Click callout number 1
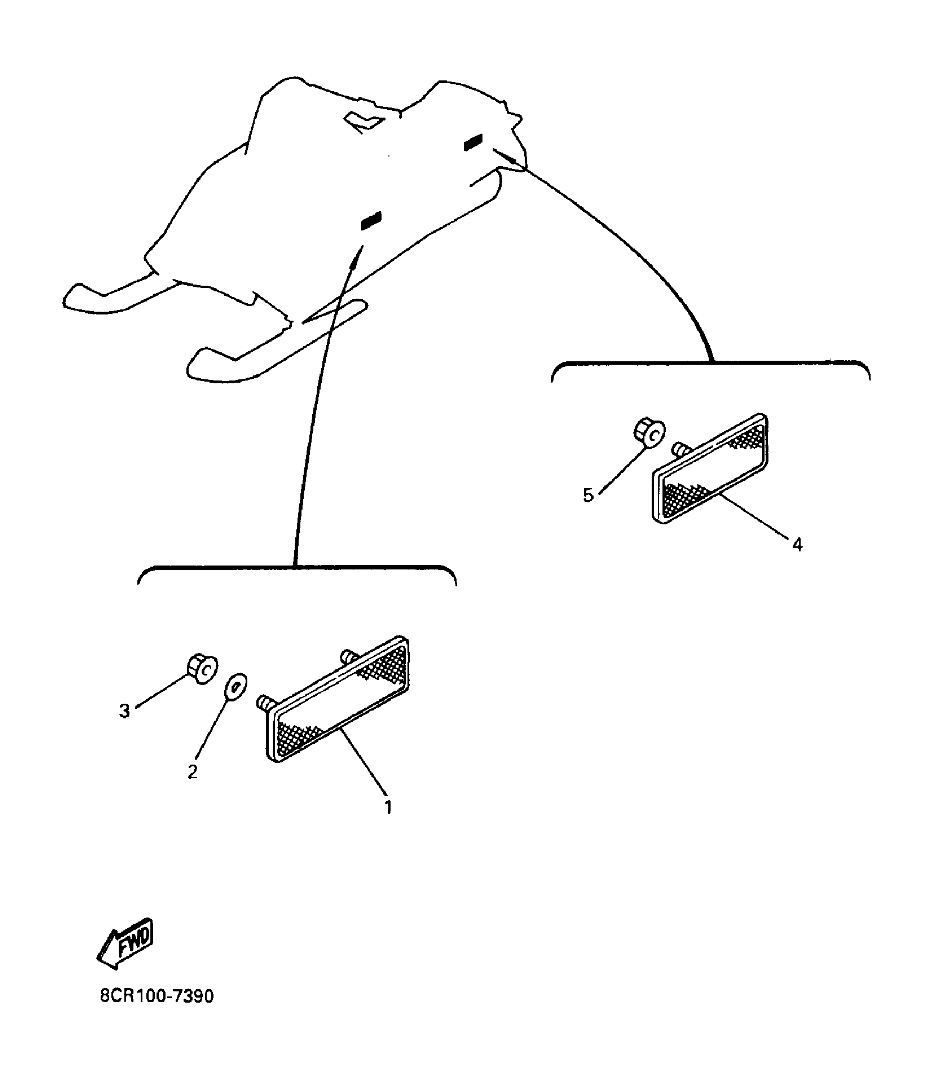(x=388, y=807)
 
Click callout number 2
(x=192, y=772)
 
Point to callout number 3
(x=125, y=711)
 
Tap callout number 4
(x=797, y=545)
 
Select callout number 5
(x=588, y=495)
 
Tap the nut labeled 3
(x=201, y=668)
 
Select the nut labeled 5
(x=649, y=432)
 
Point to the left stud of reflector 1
(x=264, y=702)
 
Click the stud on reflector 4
(x=680, y=448)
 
